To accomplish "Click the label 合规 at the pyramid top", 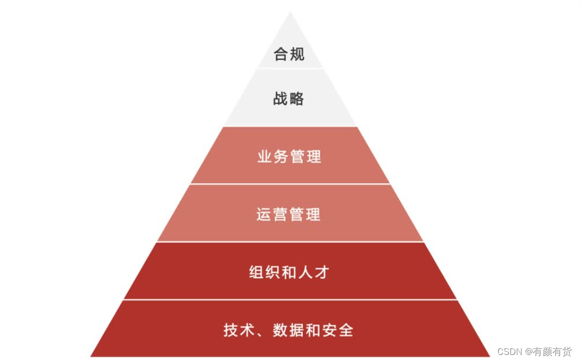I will [289, 54].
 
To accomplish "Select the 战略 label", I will [289, 99].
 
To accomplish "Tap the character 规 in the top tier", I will [297, 54].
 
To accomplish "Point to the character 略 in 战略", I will [296, 99].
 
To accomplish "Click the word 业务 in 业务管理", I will [273, 157].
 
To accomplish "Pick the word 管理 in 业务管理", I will [305, 157].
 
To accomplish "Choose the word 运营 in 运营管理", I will [272, 214].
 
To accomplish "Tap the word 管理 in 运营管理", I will [305, 214].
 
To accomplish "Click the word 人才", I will [314, 272].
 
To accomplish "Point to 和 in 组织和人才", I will [289, 272].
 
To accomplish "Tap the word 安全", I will [338, 330].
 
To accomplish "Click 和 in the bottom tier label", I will [314, 330].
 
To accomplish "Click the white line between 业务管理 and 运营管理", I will [290, 184].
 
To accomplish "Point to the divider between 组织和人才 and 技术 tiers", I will [290, 299].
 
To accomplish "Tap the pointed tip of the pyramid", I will [290, 14].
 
